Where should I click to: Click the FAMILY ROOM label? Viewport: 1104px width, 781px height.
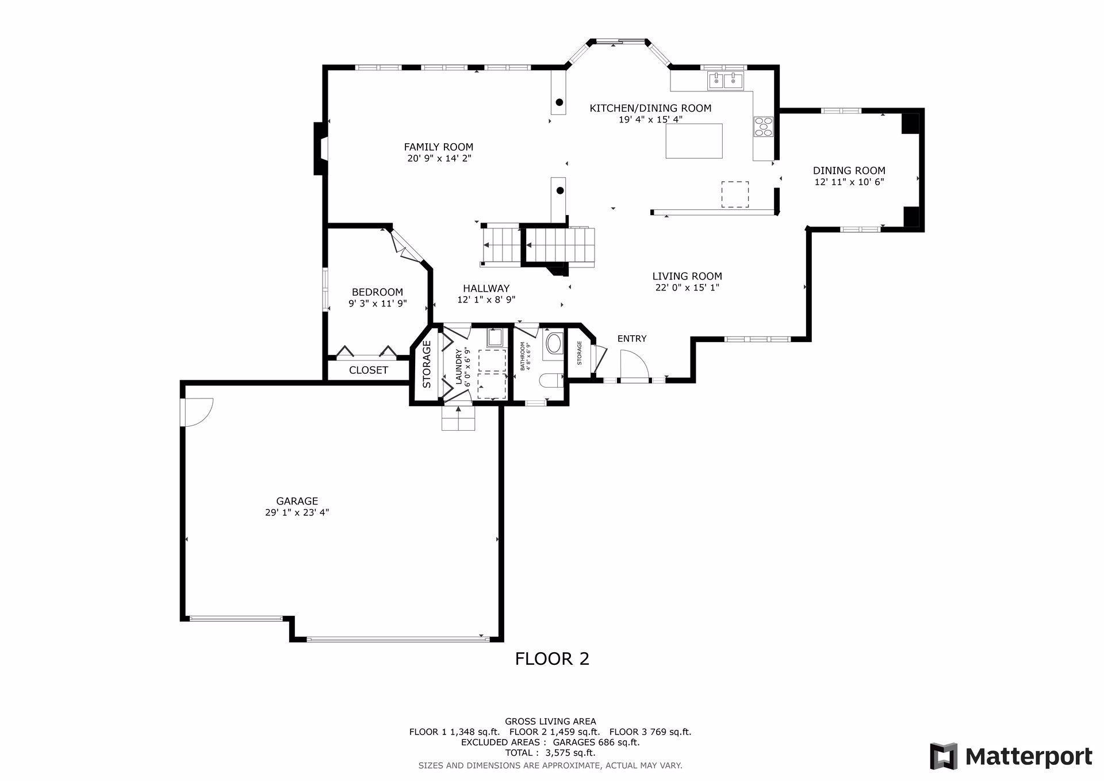pos(438,147)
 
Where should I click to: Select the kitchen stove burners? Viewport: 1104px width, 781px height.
pos(764,127)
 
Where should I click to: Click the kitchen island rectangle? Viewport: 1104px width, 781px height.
pos(694,140)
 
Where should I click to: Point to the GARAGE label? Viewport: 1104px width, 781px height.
pos(297,501)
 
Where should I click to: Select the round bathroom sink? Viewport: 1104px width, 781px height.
pos(554,344)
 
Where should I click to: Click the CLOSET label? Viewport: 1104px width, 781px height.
pos(369,370)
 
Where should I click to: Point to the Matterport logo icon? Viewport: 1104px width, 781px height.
pos(944,756)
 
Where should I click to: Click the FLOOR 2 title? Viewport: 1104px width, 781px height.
pos(552,659)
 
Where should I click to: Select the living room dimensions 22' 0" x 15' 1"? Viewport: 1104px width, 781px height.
pos(687,288)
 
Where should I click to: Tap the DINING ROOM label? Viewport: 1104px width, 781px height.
pos(849,170)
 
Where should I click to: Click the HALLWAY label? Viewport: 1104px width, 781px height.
pos(486,288)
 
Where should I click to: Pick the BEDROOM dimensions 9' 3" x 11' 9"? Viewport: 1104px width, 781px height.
pos(378,303)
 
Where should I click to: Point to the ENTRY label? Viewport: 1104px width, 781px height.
pos(632,339)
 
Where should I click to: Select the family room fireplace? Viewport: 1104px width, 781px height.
pos(320,148)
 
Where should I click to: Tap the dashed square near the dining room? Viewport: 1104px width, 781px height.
pos(735,194)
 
